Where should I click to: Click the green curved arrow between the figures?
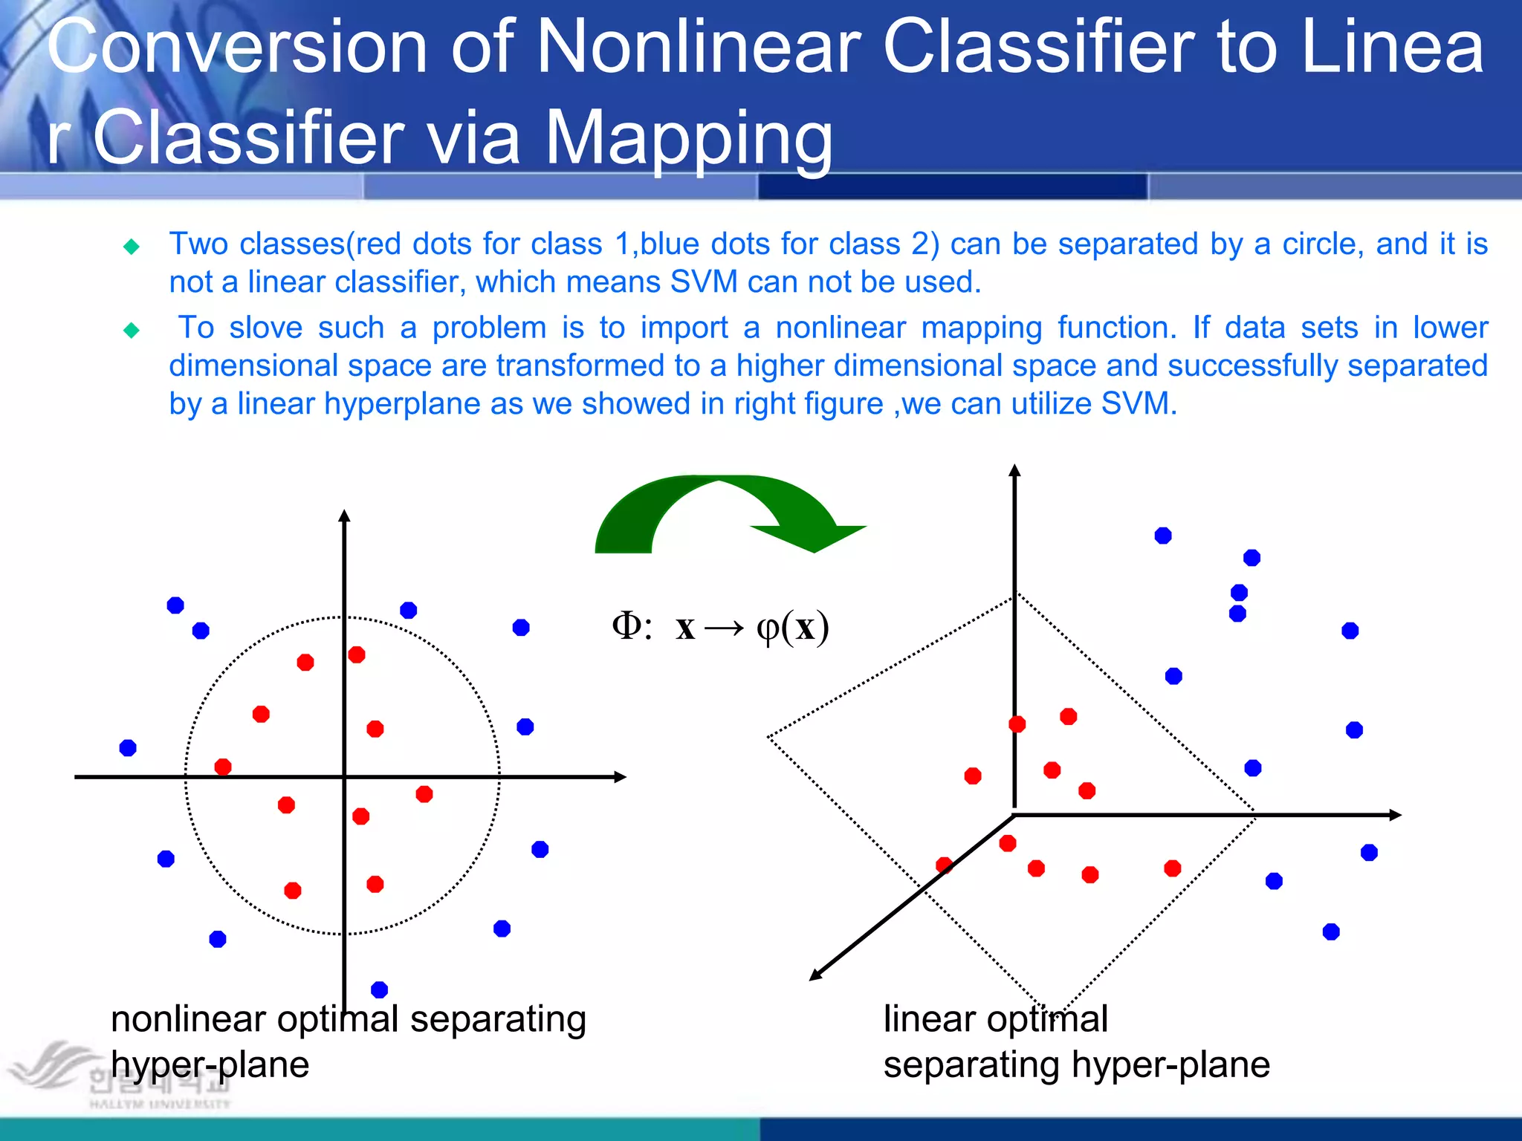[713, 513]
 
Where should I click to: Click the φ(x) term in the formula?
[792, 628]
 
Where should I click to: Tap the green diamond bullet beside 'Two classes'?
[132, 247]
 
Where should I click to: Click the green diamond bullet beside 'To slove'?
[132, 330]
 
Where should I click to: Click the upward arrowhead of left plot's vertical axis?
[344, 516]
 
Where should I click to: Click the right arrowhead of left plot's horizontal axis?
[621, 777]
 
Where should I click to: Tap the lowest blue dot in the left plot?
[379, 989]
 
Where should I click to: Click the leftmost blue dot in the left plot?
[128, 747]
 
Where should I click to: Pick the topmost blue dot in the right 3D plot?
[1163, 536]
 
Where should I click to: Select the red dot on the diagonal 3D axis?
[945, 865]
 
